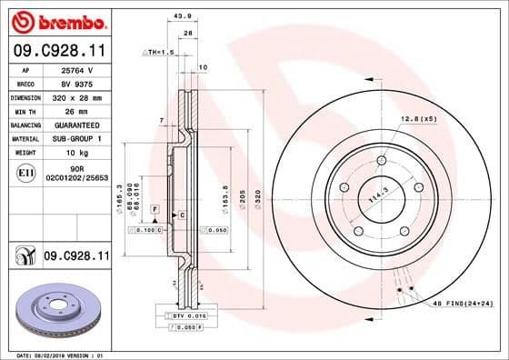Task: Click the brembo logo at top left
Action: tap(56, 20)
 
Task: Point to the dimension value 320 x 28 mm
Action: tap(79, 96)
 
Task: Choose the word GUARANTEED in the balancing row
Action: tap(79, 124)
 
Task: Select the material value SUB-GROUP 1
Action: tap(79, 138)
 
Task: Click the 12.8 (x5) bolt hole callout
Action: tap(418, 119)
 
